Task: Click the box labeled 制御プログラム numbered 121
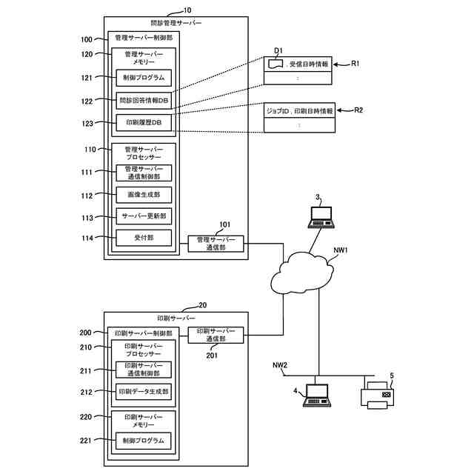(x=144, y=77)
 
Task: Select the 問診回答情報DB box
(x=144, y=100)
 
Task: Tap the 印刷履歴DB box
(x=144, y=121)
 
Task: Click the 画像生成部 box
(x=144, y=195)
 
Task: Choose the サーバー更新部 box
(x=144, y=216)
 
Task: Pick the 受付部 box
(x=144, y=238)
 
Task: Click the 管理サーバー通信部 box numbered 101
(x=216, y=244)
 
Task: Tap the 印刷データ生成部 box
(x=144, y=391)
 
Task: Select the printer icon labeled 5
(x=382, y=395)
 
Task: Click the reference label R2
(x=358, y=110)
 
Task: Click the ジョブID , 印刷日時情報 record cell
(x=299, y=110)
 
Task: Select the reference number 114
(x=88, y=238)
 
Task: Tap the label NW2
(x=280, y=364)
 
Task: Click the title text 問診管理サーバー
(x=176, y=23)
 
